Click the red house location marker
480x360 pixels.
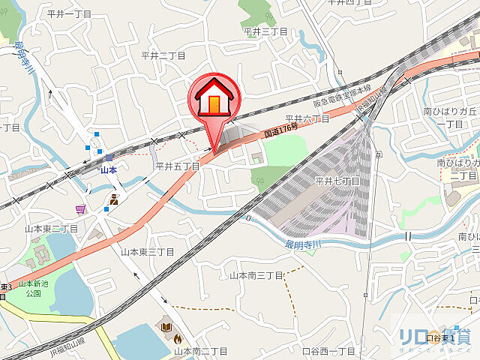pos(214,99)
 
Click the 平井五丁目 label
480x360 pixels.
pos(176,166)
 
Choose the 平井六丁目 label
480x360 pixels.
pos(307,119)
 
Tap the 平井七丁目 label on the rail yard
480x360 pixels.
pos(337,181)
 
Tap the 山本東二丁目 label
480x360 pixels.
pos(51,228)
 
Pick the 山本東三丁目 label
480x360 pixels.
pos(147,252)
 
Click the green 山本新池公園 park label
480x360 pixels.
pos(33,288)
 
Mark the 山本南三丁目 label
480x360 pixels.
pos(256,275)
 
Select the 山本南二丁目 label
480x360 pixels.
pos(200,350)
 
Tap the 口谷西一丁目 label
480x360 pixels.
pos(328,350)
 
